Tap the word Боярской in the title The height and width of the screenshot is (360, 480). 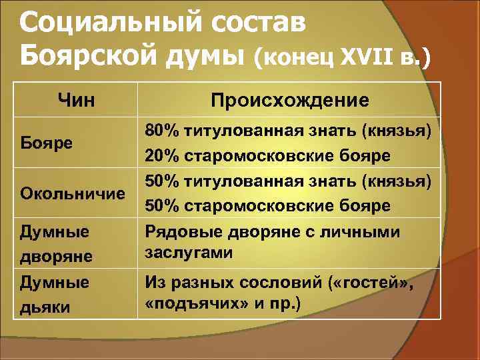click(87, 59)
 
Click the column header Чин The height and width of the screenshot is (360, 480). click(76, 100)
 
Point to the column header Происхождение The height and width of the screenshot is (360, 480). click(289, 100)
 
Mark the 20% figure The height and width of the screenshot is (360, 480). click(161, 155)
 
